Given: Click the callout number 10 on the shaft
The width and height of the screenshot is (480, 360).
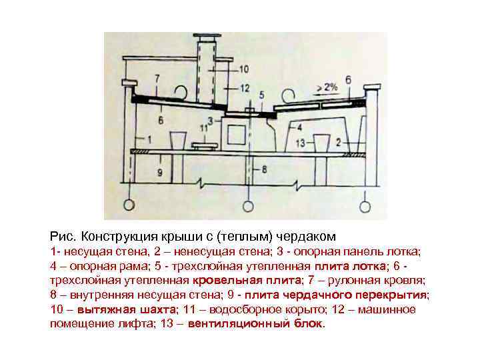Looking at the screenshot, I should [243, 69].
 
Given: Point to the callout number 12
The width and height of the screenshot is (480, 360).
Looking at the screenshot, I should [245, 88].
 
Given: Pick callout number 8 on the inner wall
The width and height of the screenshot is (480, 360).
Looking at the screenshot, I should [264, 170].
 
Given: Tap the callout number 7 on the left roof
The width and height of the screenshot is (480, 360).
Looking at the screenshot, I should [157, 79].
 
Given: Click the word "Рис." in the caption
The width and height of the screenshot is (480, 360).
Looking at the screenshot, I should [63, 237].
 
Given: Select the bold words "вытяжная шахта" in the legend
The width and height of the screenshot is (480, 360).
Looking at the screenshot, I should [127, 309].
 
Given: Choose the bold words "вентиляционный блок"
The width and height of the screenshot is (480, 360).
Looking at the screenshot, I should [255, 324].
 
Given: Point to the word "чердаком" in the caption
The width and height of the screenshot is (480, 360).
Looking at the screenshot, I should [313, 237].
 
